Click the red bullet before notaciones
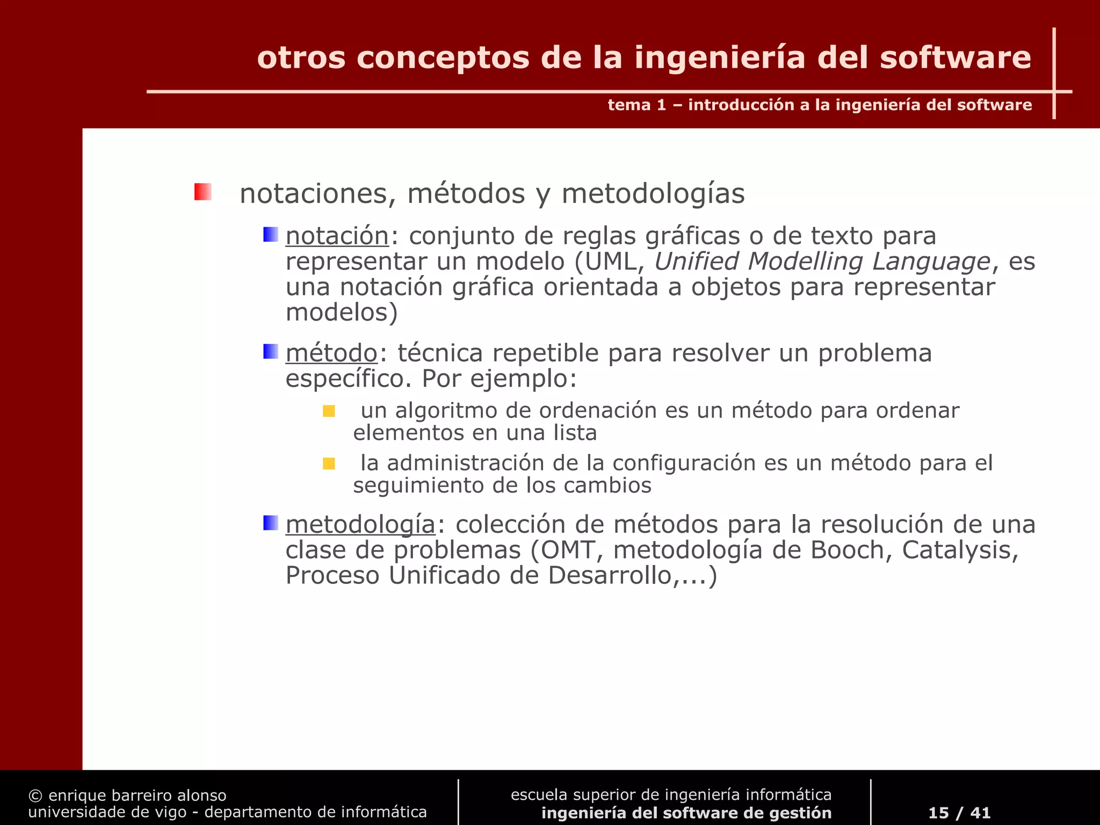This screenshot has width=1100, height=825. coord(202,192)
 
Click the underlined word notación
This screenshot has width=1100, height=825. coord(337,236)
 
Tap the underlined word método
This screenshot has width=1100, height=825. coord(331,353)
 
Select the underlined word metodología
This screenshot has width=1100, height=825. coord(360,525)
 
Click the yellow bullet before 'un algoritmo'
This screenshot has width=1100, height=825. coord(329,411)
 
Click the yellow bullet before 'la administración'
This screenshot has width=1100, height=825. coord(329,464)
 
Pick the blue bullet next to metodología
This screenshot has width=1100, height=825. coord(270,523)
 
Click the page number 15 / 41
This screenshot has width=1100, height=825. coord(959,813)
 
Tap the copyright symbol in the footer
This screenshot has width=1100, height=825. coord(35,795)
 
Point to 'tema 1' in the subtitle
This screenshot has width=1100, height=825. coord(636,105)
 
